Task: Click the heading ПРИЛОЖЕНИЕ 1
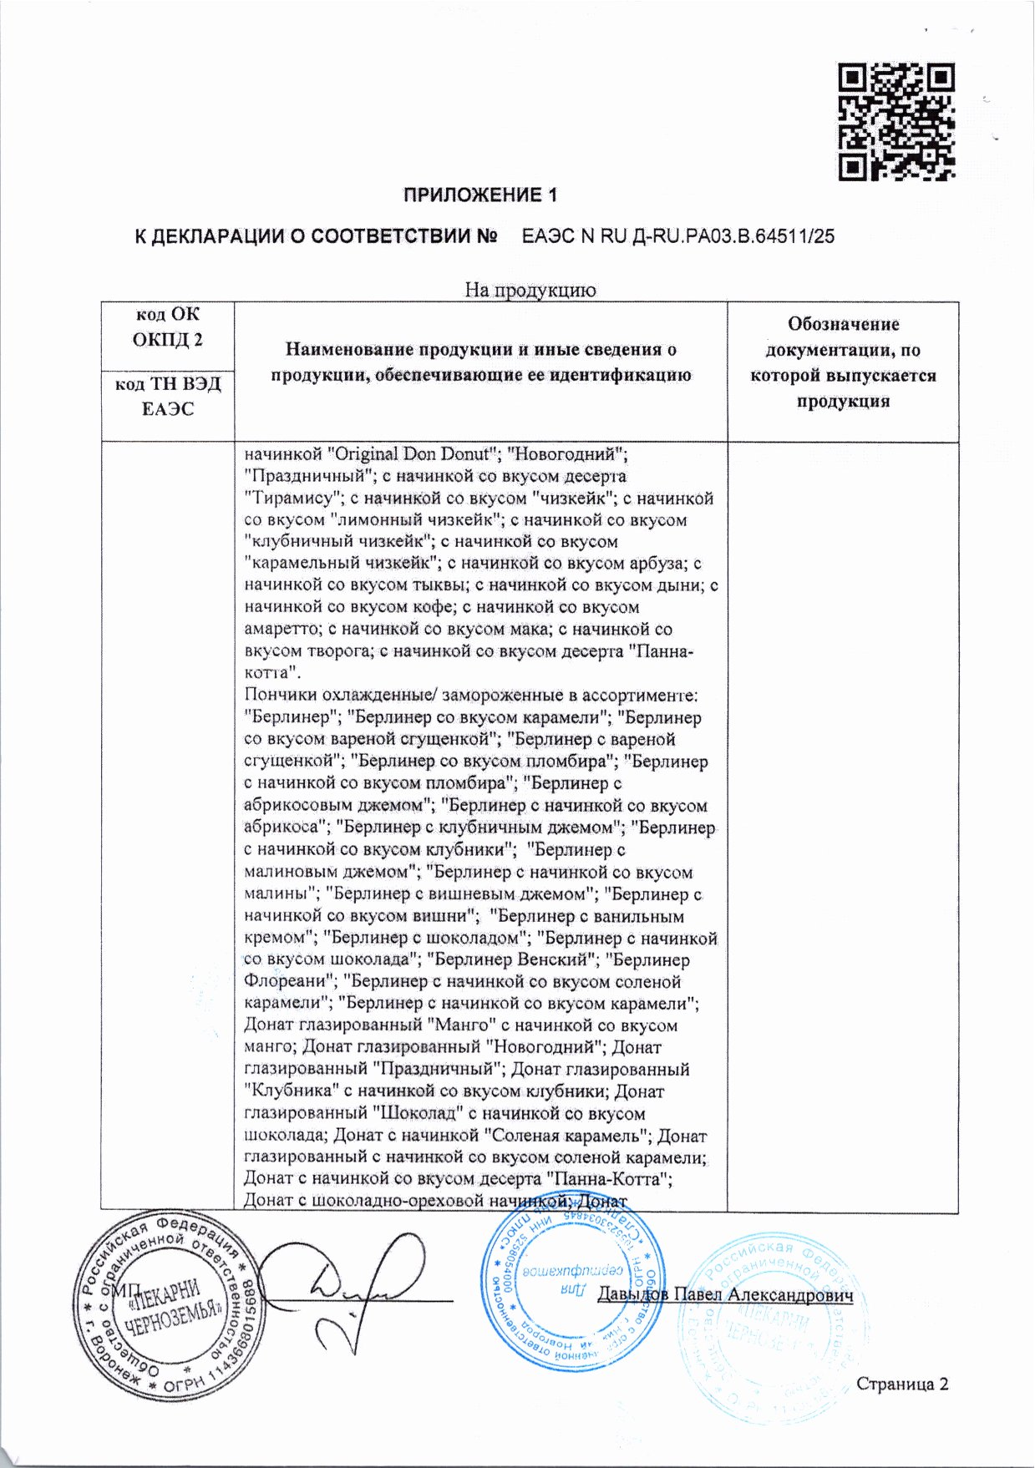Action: (479, 195)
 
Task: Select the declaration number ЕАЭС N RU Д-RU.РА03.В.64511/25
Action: (677, 236)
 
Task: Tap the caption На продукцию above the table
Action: (530, 290)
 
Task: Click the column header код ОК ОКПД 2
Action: (167, 327)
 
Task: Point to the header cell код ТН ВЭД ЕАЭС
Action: (167, 397)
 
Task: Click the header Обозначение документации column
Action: (842, 362)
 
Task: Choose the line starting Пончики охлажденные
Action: (470, 695)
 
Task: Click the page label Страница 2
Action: (902, 1384)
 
